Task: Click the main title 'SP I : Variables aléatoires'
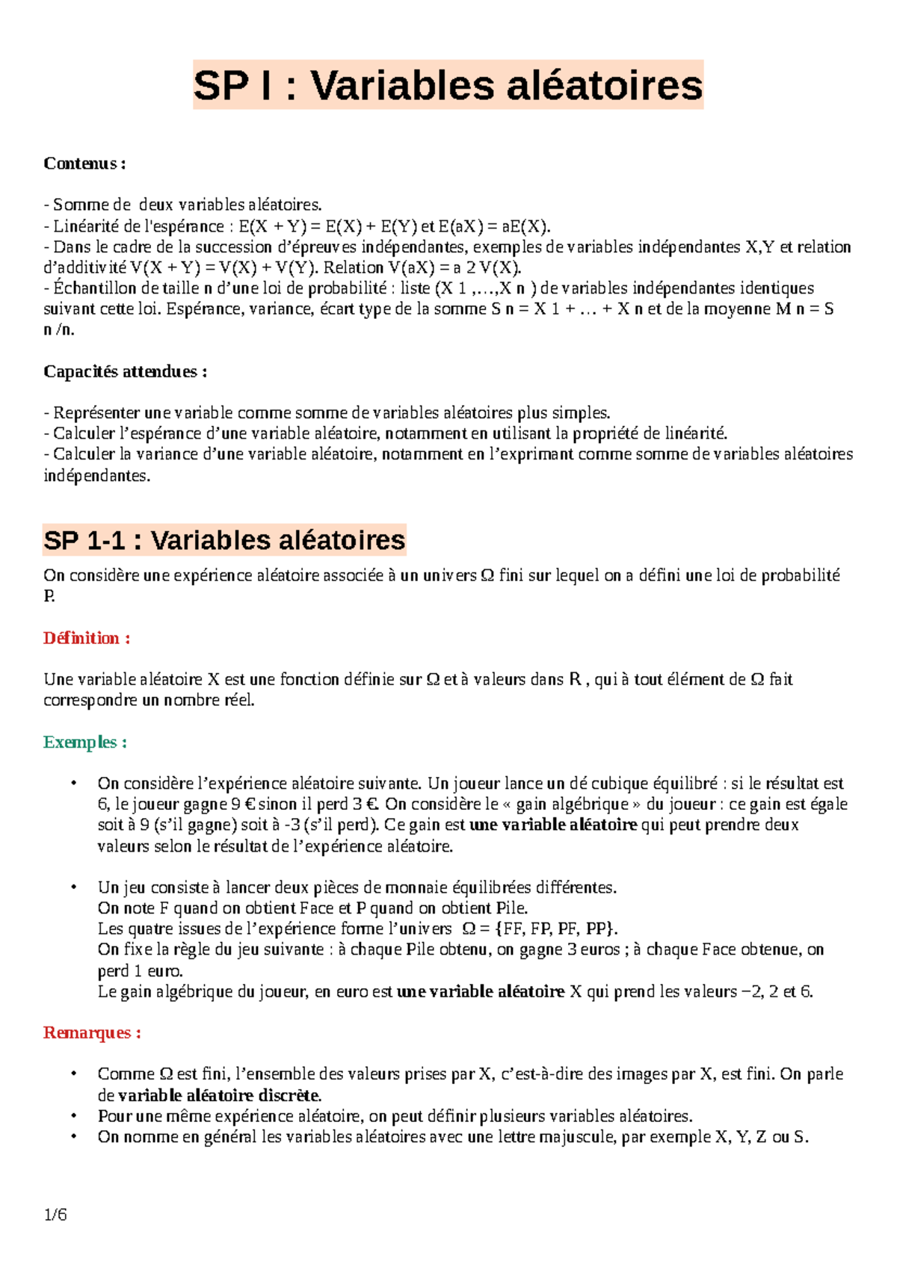pos(448,84)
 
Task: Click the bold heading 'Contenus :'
pos(84,163)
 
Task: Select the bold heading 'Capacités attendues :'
pos(125,371)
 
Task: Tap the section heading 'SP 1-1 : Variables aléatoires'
pos(224,539)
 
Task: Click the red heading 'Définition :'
pos(87,638)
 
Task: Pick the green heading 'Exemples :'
pos(84,742)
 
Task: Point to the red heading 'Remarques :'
pos(92,1032)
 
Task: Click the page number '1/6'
pos(55,1215)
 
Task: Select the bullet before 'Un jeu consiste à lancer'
pos(73,887)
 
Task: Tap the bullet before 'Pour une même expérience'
pos(73,1115)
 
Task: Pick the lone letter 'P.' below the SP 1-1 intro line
pos(49,596)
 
